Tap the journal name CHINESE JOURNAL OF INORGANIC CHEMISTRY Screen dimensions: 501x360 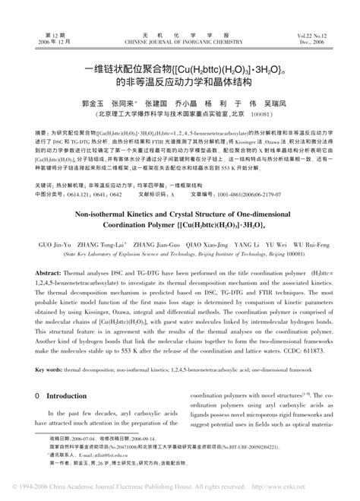179,21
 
